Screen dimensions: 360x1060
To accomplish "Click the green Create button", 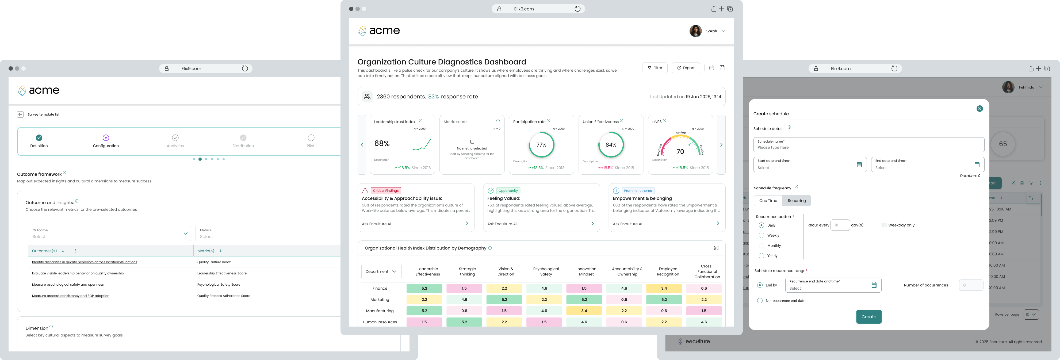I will coord(869,317).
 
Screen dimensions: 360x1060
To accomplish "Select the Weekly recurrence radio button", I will coord(761,235).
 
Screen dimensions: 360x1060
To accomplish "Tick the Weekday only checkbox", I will coord(884,225).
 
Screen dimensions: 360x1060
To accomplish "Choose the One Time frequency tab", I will coord(768,201).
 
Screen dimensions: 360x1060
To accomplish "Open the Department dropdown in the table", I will coord(381,271).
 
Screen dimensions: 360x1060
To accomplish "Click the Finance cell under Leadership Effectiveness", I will coord(424,288).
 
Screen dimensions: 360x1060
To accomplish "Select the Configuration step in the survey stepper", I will coord(106,138).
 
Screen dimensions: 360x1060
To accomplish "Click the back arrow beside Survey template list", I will coord(20,114).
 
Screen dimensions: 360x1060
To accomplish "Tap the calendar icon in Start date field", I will coord(859,164).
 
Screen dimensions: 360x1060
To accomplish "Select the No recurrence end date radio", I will coord(760,301).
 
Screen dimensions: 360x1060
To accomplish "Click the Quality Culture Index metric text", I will coord(214,262).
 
